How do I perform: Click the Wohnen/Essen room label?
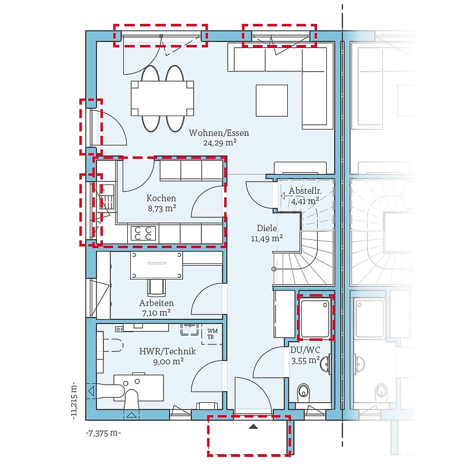[x=218, y=133]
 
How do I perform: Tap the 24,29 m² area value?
[x=220, y=142]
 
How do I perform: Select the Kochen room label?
[x=161, y=198]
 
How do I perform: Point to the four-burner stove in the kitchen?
[x=143, y=233]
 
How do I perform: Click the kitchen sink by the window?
[x=106, y=197]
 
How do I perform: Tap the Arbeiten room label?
[x=156, y=303]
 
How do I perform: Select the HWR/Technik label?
[x=168, y=351]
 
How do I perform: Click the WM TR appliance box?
[x=212, y=334]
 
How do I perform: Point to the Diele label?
[x=267, y=228]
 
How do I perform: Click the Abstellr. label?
[x=305, y=191]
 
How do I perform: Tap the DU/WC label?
[x=305, y=350]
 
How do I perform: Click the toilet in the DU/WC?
[x=304, y=391]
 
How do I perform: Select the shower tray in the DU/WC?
[x=315, y=318]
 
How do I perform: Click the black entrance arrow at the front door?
[x=253, y=427]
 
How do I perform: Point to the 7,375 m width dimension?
[x=103, y=433]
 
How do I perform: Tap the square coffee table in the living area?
[x=271, y=100]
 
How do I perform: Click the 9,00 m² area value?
[x=168, y=361]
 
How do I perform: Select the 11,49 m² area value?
[x=267, y=238]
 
